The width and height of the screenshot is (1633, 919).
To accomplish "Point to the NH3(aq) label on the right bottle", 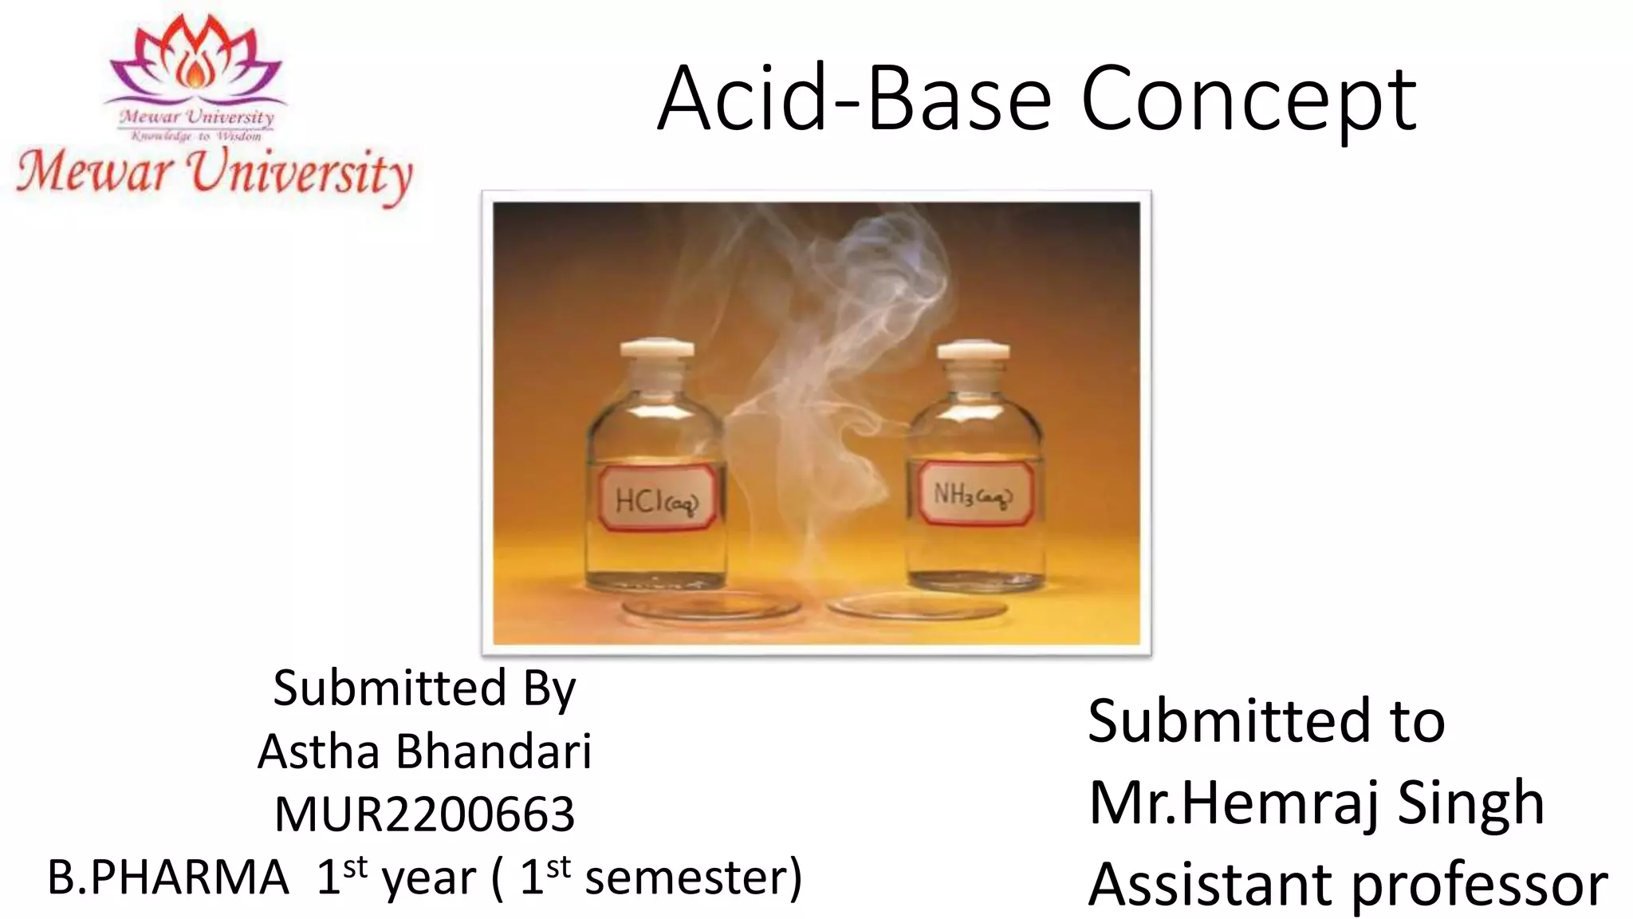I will (x=973, y=495).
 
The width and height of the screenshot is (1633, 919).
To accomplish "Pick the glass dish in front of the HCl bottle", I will (x=712, y=609).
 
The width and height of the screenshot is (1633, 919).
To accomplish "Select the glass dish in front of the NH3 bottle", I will (x=917, y=608).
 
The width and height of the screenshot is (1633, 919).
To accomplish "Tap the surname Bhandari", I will (x=494, y=751).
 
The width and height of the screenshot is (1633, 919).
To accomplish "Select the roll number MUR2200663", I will (x=424, y=814).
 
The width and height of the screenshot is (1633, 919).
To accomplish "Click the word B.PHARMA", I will (x=168, y=878).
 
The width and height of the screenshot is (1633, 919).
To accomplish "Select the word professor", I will (x=1480, y=885).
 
